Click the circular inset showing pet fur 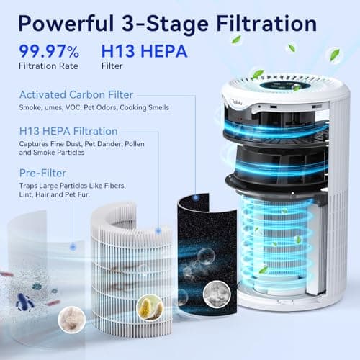69,315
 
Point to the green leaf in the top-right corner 335,54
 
